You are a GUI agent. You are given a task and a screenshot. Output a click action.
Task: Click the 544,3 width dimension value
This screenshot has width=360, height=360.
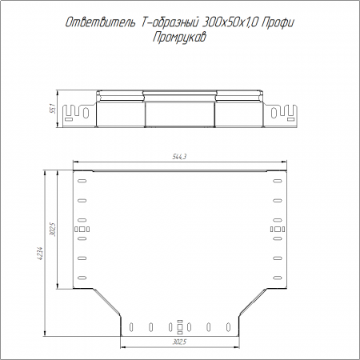tap(179, 157)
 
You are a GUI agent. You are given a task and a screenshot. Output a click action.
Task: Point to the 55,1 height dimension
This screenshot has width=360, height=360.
tap(53, 109)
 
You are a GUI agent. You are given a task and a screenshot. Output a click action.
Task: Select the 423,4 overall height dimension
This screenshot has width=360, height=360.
tap(41, 254)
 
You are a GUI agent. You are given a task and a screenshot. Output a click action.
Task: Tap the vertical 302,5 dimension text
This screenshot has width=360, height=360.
tap(53, 230)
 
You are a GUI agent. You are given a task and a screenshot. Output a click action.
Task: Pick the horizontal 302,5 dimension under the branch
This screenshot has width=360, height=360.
tap(179, 342)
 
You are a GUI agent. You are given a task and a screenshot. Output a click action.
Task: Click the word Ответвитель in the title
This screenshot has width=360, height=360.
tap(100, 22)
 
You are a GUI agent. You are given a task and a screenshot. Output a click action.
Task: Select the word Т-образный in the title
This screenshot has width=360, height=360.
tap(169, 22)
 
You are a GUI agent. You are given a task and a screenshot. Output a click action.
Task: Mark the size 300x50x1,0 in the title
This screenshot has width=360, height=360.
tap(230, 22)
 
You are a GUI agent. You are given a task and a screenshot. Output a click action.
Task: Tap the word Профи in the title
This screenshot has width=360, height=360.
tap(278, 23)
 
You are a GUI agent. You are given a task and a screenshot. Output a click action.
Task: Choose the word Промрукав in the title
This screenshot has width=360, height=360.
tap(179, 38)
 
